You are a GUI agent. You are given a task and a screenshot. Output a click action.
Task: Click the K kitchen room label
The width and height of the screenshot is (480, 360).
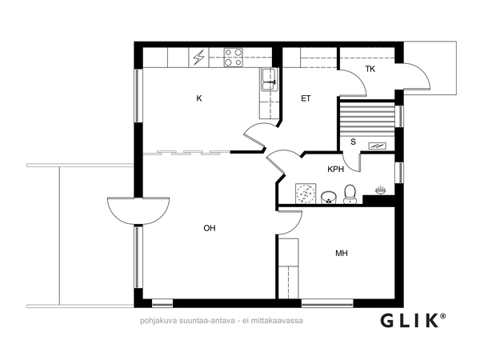pyautogui.click(x=199, y=98)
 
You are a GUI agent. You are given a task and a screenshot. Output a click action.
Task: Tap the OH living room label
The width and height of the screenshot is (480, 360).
pyautogui.click(x=210, y=228)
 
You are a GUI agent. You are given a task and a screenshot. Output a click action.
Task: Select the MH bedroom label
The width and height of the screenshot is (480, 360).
pyautogui.click(x=342, y=253)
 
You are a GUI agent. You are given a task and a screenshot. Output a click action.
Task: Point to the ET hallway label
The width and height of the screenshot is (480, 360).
pyautogui.click(x=306, y=98)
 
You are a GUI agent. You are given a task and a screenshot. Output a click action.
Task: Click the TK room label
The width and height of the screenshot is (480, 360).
pyautogui.click(x=370, y=69)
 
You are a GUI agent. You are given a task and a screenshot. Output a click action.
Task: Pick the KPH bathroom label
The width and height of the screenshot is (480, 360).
pyautogui.click(x=336, y=170)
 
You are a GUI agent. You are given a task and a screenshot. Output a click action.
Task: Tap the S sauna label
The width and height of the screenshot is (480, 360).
pyautogui.click(x=354, y=142)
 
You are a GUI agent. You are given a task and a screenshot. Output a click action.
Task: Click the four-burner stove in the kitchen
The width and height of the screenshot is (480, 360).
pyautogui.click(x=234, y=58)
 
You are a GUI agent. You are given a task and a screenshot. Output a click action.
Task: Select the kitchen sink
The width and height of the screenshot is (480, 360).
pyautogui.click(x=269, y=79)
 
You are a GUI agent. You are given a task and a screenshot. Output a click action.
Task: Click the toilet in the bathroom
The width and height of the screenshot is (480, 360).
pyautogui.click(x=350, y=194)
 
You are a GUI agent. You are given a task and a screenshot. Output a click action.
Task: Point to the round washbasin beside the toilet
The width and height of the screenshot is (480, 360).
pyautogui.click(x=329, y=197)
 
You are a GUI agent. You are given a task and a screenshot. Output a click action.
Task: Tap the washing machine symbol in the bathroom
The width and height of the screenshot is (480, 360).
pyautogui.click(x=306, y=193)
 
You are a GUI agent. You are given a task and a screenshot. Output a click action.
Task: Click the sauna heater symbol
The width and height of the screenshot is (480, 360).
pyautogui.click(x=377, y=146)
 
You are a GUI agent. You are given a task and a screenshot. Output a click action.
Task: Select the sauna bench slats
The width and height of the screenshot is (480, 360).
pyautogui.click(x=367, y=119)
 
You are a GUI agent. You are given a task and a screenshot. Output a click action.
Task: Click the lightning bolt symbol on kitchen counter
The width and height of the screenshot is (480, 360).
pyautogui.click(x=199, y=58)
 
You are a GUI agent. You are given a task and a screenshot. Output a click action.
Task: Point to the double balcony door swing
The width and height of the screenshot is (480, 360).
pyautogui.click(x=138, y=211)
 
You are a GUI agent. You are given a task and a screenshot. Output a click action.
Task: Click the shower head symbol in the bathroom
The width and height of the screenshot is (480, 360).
pyautogui.click(x=381, y=190)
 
